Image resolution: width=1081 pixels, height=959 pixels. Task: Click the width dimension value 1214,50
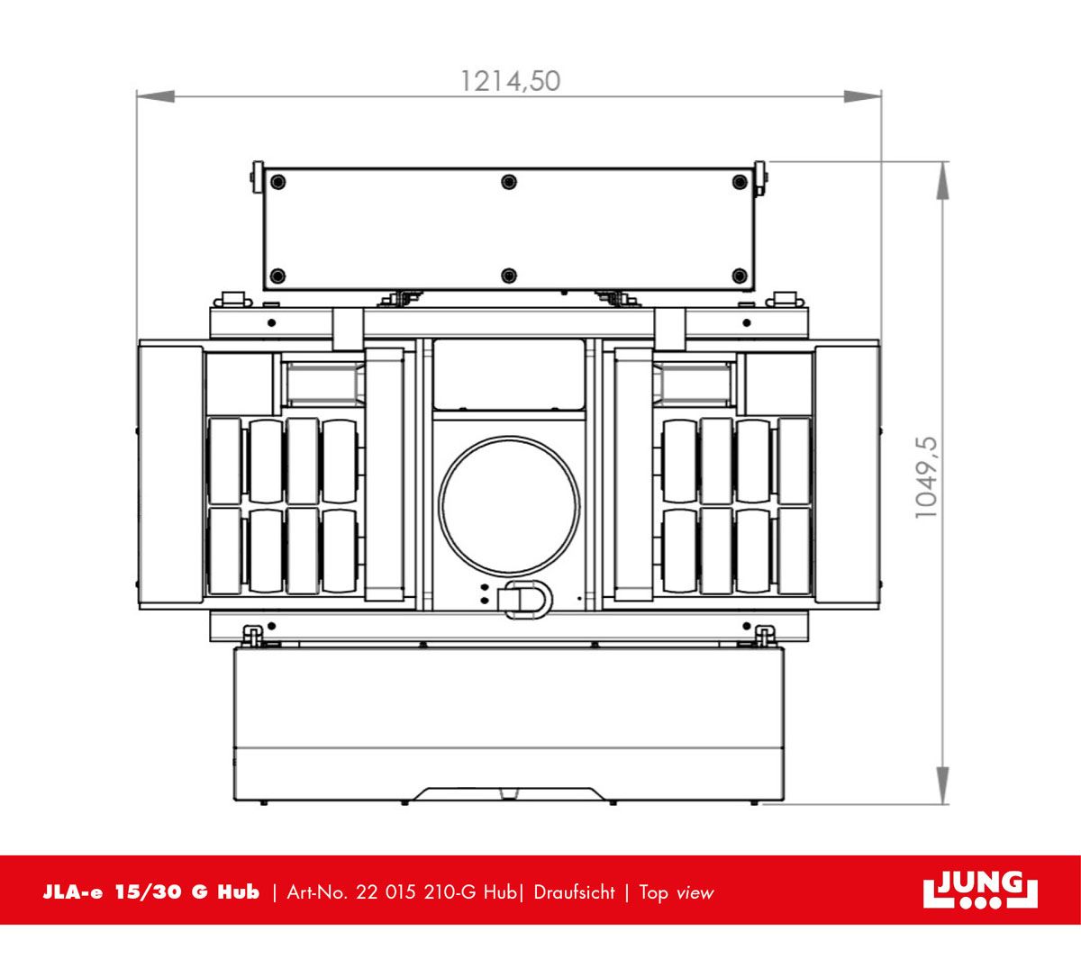tap(510, 82)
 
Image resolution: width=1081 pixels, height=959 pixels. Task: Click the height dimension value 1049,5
tap(926, 477)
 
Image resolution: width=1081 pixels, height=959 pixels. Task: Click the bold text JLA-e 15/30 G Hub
tap(151, 892)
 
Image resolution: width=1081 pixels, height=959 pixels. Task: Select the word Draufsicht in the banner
tap(574, 892)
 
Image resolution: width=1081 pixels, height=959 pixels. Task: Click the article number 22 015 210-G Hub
tap(436, 892)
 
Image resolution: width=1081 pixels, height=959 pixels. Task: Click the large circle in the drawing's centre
tap(510, 504)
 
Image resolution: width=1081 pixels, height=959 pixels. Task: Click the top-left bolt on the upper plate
tap(278, 183)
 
